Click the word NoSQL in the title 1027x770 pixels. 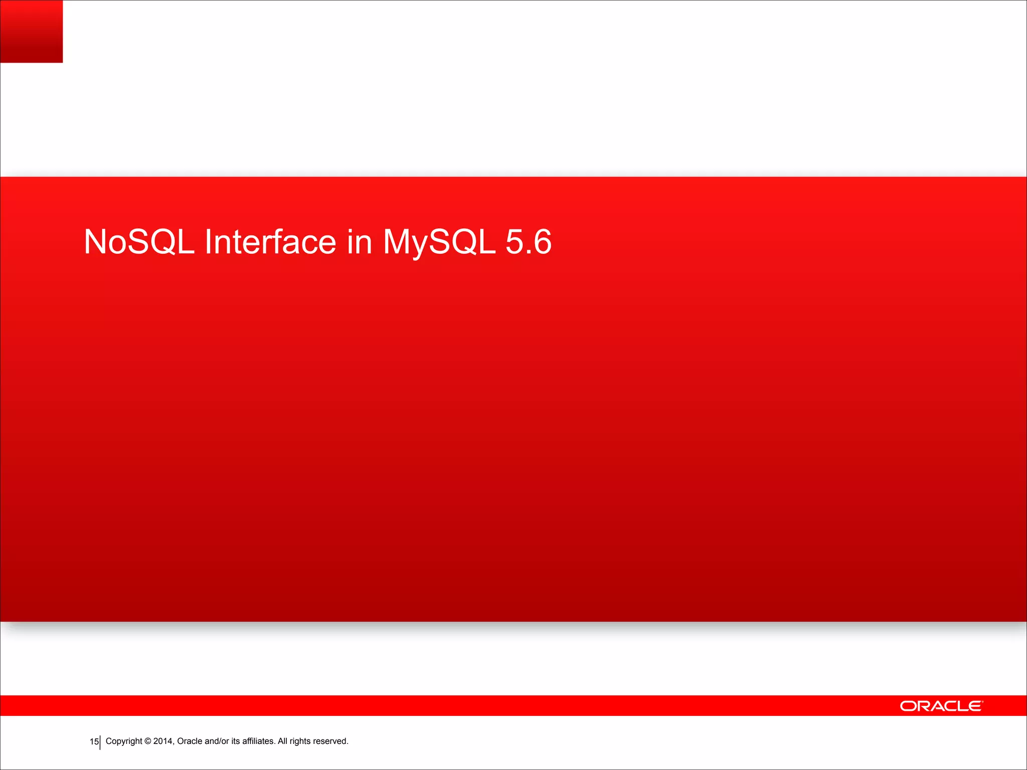tap(139, 242)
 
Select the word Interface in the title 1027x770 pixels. tap(270, 242)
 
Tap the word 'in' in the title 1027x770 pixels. tap(359, 242)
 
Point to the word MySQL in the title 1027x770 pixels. tap(439, 242)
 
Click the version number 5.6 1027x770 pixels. tap(528, 242)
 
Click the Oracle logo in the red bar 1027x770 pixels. tap(941, 706)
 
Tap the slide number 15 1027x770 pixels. tap(94, 741)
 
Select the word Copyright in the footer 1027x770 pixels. tap(124, 741)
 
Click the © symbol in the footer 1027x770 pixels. tap(148, 741)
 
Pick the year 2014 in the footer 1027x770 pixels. tap(163, 741)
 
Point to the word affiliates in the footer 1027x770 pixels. tap(258, 741)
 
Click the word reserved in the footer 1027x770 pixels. tap(330, 741)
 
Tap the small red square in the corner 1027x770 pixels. tap(31, 31)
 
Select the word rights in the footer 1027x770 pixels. tap(300, 741)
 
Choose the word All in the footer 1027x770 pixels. tap(283, 741)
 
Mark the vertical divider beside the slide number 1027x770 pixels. tap(100, 742)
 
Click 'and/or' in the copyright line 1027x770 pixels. tap(217, 741)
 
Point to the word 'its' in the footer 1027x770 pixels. tap(236, 741)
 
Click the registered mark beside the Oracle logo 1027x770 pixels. tap(982, 701)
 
